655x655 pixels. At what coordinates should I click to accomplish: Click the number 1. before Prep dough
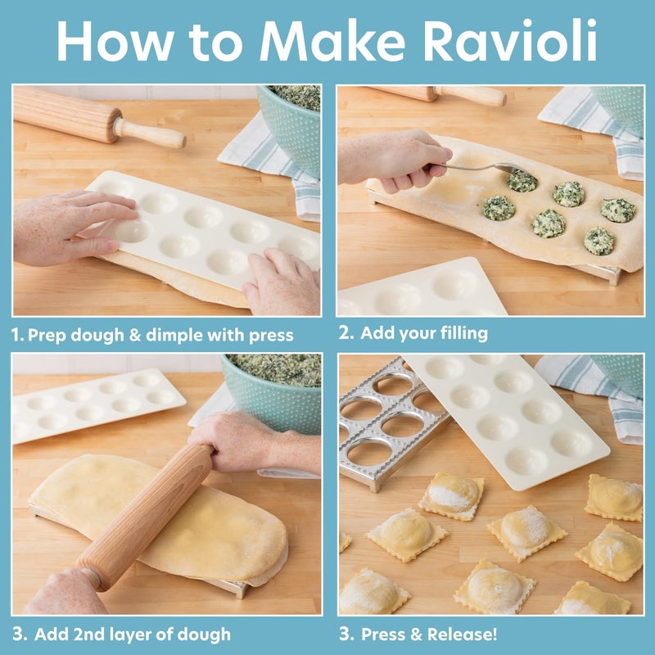pyautogui.click(x=17, y=335)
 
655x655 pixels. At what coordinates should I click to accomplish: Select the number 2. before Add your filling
pyautogui.click(x=346, y=332)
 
